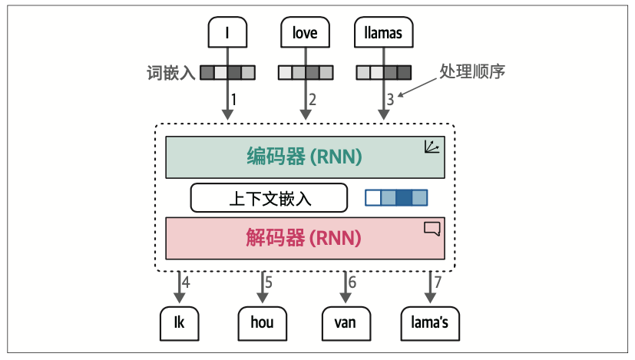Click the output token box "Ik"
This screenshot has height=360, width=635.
179,322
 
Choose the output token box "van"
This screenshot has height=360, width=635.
346,322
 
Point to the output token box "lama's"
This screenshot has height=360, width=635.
429,322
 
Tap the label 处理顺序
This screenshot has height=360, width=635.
471,71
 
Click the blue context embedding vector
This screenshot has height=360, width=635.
396,197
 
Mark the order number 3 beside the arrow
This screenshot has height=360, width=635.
390,99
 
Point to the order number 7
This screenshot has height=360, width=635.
438,282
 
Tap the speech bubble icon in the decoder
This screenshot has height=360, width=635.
432,227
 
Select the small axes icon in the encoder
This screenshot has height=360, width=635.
433,147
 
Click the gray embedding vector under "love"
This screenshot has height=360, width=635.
305,73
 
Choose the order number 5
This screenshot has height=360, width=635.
268,282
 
